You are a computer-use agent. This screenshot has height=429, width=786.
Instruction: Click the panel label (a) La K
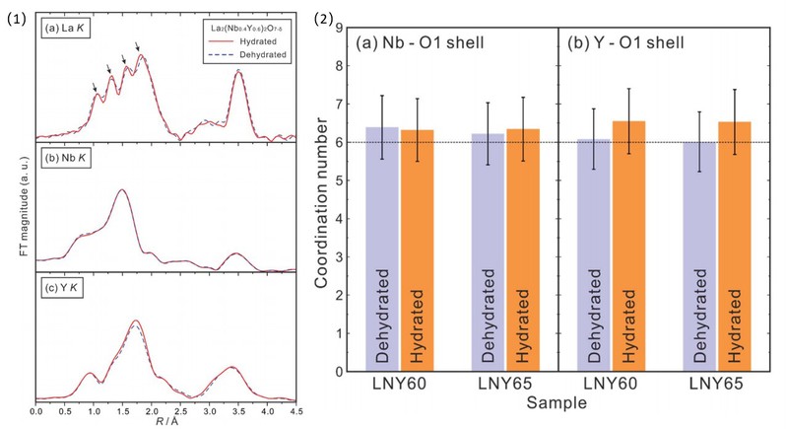[x=65, y=28]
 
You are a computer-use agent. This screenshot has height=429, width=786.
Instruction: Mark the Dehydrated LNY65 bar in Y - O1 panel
[x=700, y=256]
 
